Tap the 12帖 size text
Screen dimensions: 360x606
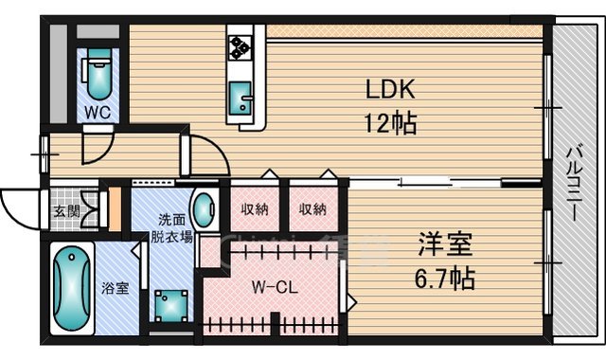(389, 123)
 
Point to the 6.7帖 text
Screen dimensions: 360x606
(446, 279)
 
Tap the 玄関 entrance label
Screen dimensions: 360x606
(65, 213)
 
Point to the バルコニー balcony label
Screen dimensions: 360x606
(575, 186)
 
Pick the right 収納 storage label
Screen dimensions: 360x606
(313, 209)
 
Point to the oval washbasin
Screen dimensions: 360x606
(202, 208)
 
